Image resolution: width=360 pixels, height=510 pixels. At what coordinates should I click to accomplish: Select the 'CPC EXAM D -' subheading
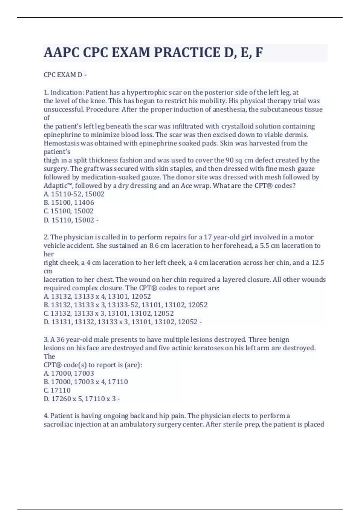65,75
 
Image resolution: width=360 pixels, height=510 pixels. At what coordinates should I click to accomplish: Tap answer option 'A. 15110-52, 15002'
74,194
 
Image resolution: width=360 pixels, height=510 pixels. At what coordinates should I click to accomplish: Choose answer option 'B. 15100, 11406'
69,202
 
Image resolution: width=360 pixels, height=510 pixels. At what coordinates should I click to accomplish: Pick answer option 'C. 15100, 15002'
68,211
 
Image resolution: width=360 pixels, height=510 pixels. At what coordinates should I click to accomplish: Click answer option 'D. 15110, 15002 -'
71,220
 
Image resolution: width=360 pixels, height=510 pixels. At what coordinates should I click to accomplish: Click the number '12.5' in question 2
318,262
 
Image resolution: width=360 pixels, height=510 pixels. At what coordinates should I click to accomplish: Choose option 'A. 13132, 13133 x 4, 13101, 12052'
97,296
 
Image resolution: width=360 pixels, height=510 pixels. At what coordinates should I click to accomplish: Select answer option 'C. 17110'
57,390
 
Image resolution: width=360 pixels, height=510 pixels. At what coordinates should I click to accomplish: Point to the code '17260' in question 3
61,399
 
